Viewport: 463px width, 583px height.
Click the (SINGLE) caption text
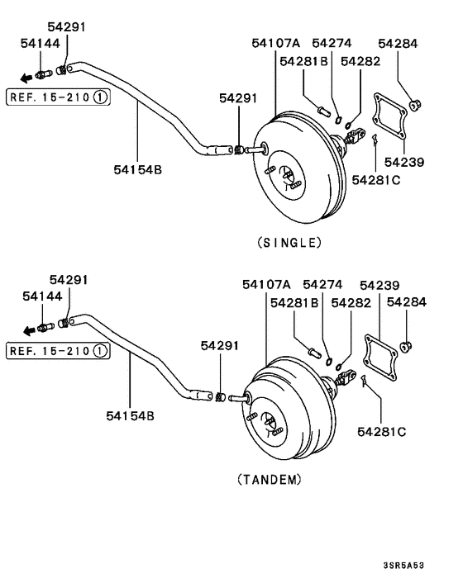click(x=289, y=242)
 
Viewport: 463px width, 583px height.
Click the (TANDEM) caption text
click(x=269, y=478)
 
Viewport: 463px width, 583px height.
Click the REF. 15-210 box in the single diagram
click(x=58, y=97)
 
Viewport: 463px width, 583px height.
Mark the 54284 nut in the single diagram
click(x=418, y=104)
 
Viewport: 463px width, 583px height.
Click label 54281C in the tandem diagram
click(x=381, y=430)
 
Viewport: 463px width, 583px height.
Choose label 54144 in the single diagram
click(x=41, y=43)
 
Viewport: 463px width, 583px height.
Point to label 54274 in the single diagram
click(x=332, y=43)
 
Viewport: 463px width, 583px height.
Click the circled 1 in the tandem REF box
click(x=99, y=351)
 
